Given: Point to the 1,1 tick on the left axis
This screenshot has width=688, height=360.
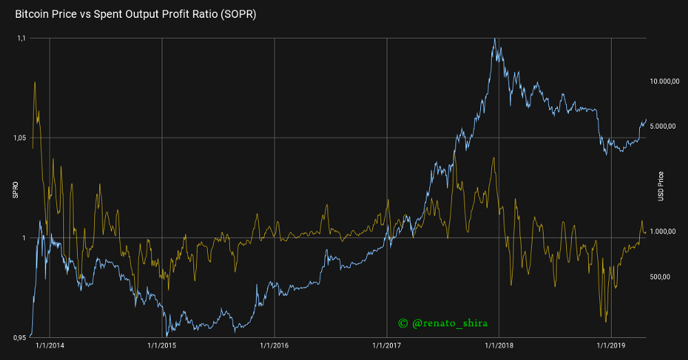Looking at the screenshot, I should click(21, 39).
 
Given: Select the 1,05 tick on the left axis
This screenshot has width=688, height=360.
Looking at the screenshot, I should click(19, 138).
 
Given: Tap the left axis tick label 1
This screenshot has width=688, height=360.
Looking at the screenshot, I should click(24, 238).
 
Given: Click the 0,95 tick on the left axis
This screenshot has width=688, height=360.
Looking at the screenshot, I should click(19, 337).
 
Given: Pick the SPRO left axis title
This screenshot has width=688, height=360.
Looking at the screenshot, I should click(15, 189).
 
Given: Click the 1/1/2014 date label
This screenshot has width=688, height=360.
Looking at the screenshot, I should click(50, 345).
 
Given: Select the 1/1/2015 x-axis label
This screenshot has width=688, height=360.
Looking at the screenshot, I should click(162, 345).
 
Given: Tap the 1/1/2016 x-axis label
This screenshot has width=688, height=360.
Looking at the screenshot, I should click(275, 345).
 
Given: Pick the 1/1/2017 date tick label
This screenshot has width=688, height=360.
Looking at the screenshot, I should click(387, 345).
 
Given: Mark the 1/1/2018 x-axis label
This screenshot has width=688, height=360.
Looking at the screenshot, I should click(499, 345).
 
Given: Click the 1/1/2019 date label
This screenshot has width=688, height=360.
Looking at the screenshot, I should click(612, 345).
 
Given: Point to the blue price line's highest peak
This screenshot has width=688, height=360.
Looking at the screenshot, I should click(495, 39).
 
